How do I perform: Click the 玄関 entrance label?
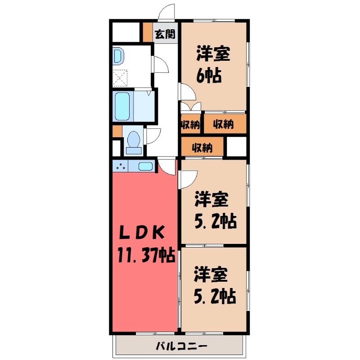(164, 34)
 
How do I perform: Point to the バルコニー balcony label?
(181, 347)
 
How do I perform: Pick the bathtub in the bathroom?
(122, 106)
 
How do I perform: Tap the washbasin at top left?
(117, 56)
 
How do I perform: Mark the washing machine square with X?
(120, 78)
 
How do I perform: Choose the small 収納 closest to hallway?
(191, 125)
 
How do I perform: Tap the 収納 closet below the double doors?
(224, 125)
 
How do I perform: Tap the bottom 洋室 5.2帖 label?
(215, 286)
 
